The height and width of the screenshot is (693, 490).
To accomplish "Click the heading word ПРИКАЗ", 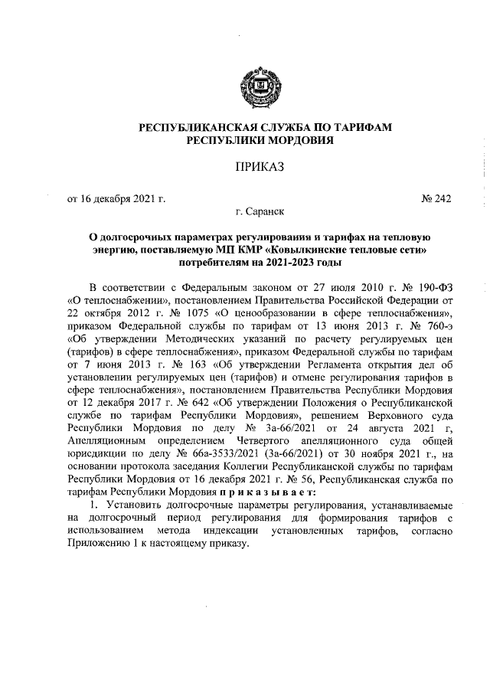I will pyautogui.click(x=244, y=168).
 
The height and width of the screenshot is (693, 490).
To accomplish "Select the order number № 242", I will pyautogui.click(x=436, y=200).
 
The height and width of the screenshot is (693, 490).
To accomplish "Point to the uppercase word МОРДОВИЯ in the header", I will pyautogui.click(x=276, y=141).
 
